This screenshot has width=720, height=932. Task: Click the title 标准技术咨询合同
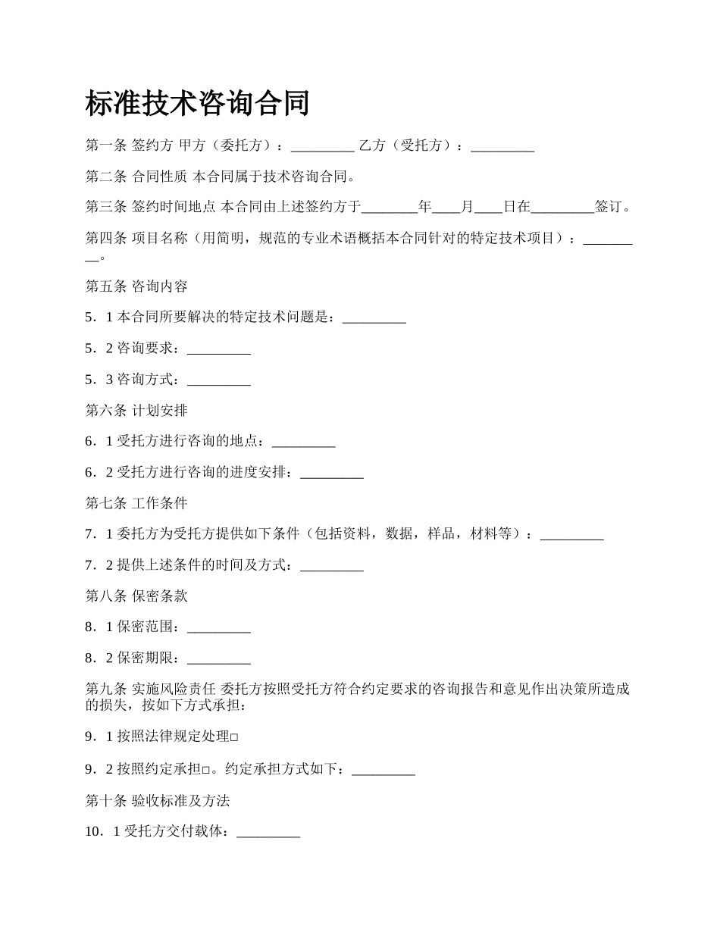click(x=197, y=104)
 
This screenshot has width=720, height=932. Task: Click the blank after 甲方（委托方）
click(x=322, y=147)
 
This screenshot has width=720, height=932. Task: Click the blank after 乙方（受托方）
click(x=502, y=147)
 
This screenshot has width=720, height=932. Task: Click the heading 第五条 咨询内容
click(x=136, y=286)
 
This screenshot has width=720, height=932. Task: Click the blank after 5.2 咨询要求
click(x=218, y=349)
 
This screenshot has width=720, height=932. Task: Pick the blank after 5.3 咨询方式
click(x=218, y=380)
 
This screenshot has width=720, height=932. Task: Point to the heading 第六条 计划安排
click(x=136, y=411)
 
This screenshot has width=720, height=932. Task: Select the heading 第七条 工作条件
click(x=136, y=503)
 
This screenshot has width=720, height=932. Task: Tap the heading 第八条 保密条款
click(x=136, y=596)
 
